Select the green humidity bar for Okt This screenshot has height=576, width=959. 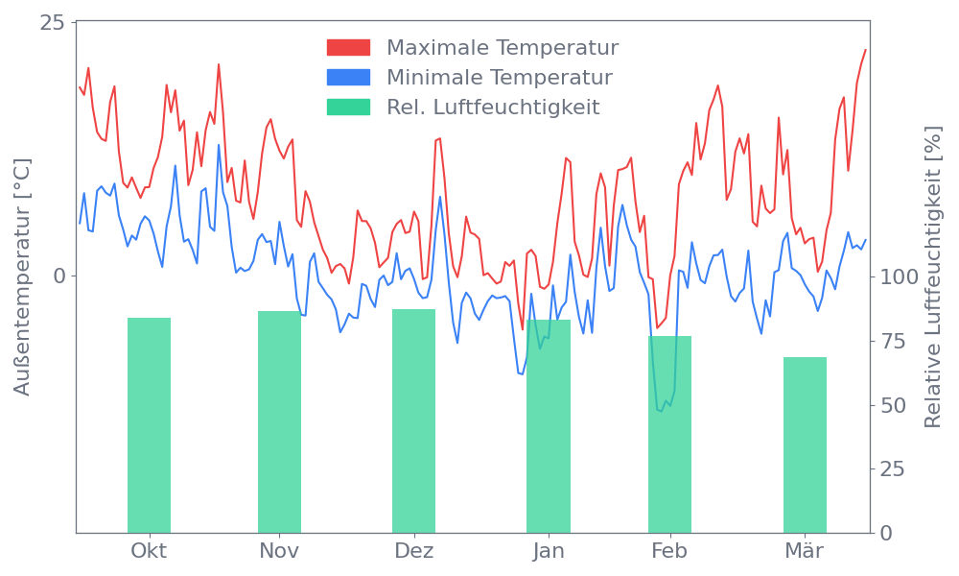click(x=149, y=425)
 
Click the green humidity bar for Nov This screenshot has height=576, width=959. click(x=279, y=421)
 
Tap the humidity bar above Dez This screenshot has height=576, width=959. click(x=413, y=420)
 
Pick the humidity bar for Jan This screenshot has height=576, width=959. click(x=549, y=426)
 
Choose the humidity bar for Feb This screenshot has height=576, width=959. click(x=669, y=434)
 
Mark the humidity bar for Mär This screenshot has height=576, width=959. click(x=805, y=444)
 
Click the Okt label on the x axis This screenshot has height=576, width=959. click(x=149, y=551)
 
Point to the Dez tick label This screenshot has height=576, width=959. click(x=414, y=551)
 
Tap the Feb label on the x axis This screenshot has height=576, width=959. click(x=669, y=551)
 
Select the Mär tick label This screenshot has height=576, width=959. click(x=805, y=551)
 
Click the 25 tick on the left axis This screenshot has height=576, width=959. click(x=52, y=23)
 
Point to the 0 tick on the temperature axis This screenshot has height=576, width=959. click(x=59, y=276)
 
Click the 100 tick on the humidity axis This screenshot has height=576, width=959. click(x=900, y=276)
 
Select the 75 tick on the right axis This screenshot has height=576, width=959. click(x=894, y=341)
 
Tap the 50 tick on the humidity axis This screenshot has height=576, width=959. click(x=894, y=405)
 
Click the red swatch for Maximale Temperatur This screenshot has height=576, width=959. click(x=348, y=48)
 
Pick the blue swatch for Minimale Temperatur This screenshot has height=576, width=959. click(x=348, y=78)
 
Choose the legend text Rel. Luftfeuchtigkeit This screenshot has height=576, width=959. click(x=493, y=108)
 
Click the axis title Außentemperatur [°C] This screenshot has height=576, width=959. click(x=23, y=276)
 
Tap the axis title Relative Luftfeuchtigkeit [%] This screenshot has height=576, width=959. click(x=932, y=276)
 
